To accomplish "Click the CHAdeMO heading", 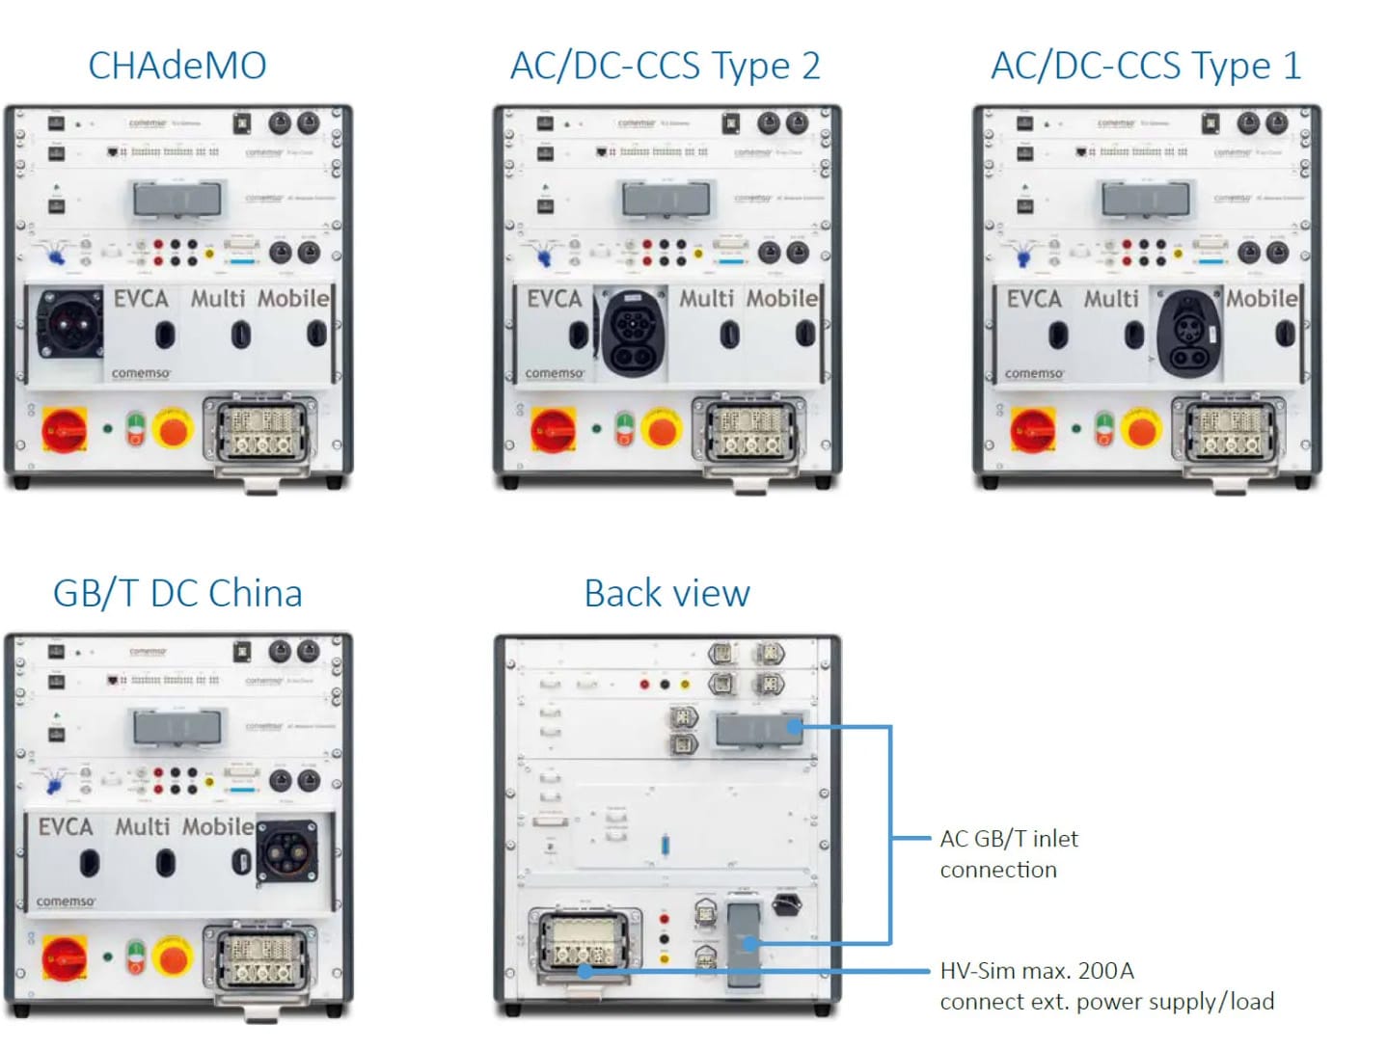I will tap(177, 66).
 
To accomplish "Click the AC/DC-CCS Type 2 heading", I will tap(665, 66).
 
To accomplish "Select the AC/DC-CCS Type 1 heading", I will tap(1146, 66).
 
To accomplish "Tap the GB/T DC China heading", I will tap(177, 593).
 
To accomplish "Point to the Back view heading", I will tap(666, 593).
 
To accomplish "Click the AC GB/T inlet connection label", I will tap(1009, 853).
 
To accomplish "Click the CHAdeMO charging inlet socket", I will tap(69, 325).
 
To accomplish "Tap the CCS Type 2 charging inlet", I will tap(633, 333).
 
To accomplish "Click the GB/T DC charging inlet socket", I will tap(286, 851).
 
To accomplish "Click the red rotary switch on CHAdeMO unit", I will tap(65, 429).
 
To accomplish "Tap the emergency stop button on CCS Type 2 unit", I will tap(662, 429).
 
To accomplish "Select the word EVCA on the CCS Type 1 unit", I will tap(1033, 299).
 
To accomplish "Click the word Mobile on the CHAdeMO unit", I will tap(293, 299).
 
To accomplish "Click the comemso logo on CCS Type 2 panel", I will tap(555, 373).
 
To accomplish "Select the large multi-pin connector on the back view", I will tap(582, 941).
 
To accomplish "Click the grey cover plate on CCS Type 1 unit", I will tap(1145, 200).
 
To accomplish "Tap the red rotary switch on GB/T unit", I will tap(65, 957).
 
